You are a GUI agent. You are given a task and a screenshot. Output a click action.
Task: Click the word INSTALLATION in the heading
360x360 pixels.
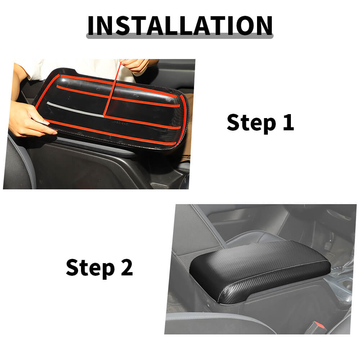[x=180, y=25]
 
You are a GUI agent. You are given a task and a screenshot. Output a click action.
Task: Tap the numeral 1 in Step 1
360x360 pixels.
[x=289, y=122]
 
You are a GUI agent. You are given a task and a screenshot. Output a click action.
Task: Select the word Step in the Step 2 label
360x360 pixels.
[x=90, y=268]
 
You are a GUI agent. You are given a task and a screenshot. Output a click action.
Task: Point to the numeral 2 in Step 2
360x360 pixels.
[x=127, y=267]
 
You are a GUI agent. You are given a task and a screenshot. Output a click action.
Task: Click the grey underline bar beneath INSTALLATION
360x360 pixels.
[x=180, y=36]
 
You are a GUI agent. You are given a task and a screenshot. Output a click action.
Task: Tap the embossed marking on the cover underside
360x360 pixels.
[x=121, y=123]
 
